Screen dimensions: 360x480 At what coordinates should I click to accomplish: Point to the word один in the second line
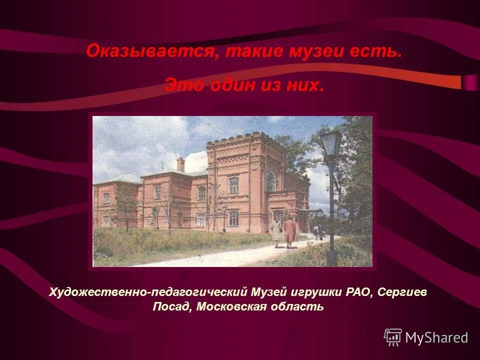click(x=232, y=85)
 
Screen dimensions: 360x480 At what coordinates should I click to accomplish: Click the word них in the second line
click(x=306, y=85)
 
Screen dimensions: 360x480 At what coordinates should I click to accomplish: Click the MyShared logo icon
click(x=393, y=337)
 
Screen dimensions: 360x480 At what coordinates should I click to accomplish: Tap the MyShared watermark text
click(x=436, y=337)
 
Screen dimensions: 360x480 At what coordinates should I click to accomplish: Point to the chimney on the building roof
click(x=180, y=163)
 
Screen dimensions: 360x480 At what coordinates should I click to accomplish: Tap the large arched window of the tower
click(x=270, y=181)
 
